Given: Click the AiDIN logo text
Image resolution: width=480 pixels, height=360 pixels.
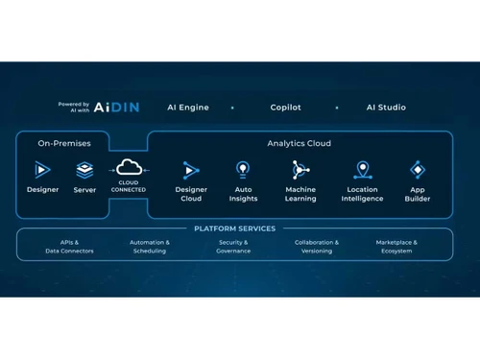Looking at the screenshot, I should tap(117, 108).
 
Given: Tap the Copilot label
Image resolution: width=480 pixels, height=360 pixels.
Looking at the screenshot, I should tap(284, 108).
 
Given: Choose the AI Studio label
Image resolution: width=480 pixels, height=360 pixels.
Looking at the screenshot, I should tap(385, 108).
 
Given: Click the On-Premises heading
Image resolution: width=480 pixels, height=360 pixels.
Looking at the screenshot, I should tap(64, 143).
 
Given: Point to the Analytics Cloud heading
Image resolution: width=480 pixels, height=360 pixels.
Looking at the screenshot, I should tap(299, 143).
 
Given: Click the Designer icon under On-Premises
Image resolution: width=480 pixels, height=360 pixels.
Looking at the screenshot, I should tap(42, 169).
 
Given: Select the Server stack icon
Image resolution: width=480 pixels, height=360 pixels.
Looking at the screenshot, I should tap(84, 170).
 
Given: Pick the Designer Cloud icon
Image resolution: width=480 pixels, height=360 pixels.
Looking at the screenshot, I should tap(191, 170).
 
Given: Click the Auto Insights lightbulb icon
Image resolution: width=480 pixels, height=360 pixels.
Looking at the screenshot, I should tap(244, 170).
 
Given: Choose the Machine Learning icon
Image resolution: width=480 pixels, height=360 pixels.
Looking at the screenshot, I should tap(300, 170).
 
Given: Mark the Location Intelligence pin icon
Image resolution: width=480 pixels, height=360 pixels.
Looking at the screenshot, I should tap(362, 170).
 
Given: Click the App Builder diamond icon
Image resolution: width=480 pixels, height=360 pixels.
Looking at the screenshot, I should tap(418, 170).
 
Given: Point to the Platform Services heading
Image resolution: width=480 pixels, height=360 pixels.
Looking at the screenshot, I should tap(235, 228).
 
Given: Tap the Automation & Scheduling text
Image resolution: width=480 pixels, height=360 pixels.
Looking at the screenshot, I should tap(150, 246).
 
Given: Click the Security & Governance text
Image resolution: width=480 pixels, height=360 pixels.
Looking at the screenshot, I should tap(233, 246).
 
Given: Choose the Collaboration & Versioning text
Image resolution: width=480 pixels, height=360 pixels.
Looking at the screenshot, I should tap(316, 246).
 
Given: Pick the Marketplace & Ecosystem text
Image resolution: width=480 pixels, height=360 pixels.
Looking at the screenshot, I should tap(396, 246).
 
